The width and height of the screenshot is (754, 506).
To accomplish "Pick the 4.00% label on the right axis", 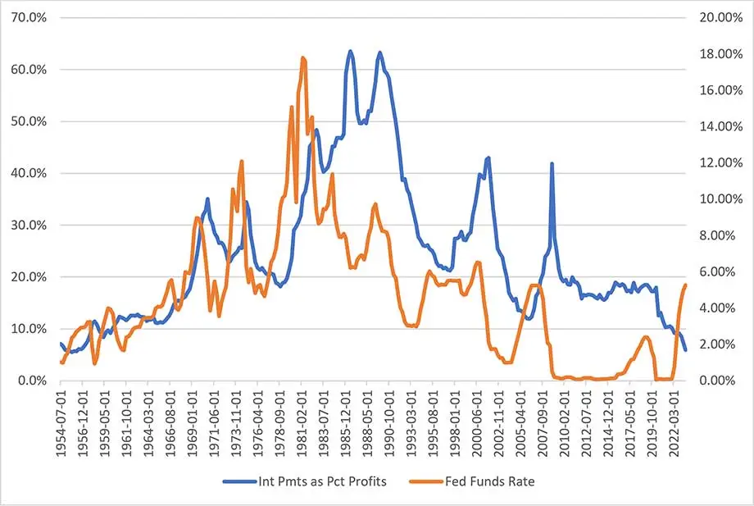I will click(x=723, y=308).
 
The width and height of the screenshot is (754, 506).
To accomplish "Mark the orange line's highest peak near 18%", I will click(x=303, y=57).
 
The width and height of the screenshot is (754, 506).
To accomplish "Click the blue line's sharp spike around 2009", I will click(x=552, y=163).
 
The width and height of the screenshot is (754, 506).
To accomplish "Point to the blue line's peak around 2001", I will click(x=488, y=157).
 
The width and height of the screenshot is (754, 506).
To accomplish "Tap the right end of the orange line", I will click(x=685, y=285).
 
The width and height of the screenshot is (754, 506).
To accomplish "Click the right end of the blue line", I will click(x=685, y=350).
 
